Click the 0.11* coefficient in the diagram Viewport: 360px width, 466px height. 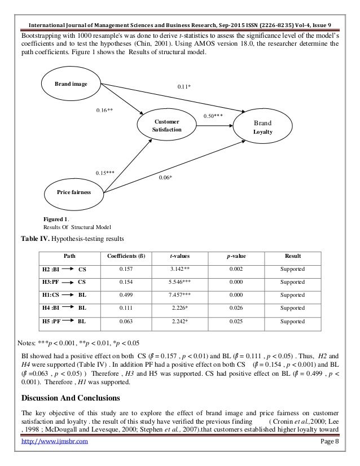point(184,86)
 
